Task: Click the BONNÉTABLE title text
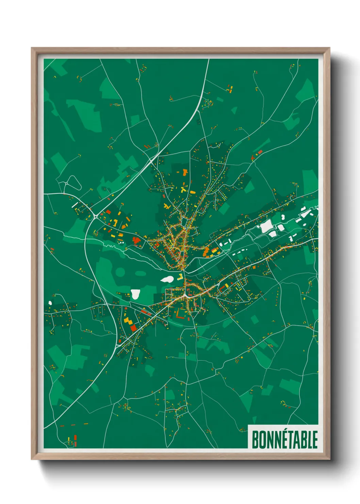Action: coord(284,439)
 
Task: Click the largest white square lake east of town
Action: coord(266,226)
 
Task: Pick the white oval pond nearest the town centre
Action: coord(167,279)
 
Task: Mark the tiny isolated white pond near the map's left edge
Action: coord(50,302)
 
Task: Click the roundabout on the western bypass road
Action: coord(96,216)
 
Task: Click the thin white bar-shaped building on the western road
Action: coord(75,205)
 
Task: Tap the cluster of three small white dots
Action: coord(121,243)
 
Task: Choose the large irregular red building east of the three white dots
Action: coord(136,241)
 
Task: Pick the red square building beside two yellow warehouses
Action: coord(133,328)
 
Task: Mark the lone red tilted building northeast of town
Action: coord(260,152)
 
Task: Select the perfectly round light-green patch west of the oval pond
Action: coord(120,272)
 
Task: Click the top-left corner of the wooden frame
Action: coord(32,48)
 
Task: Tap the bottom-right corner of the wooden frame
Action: coord(329,459)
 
